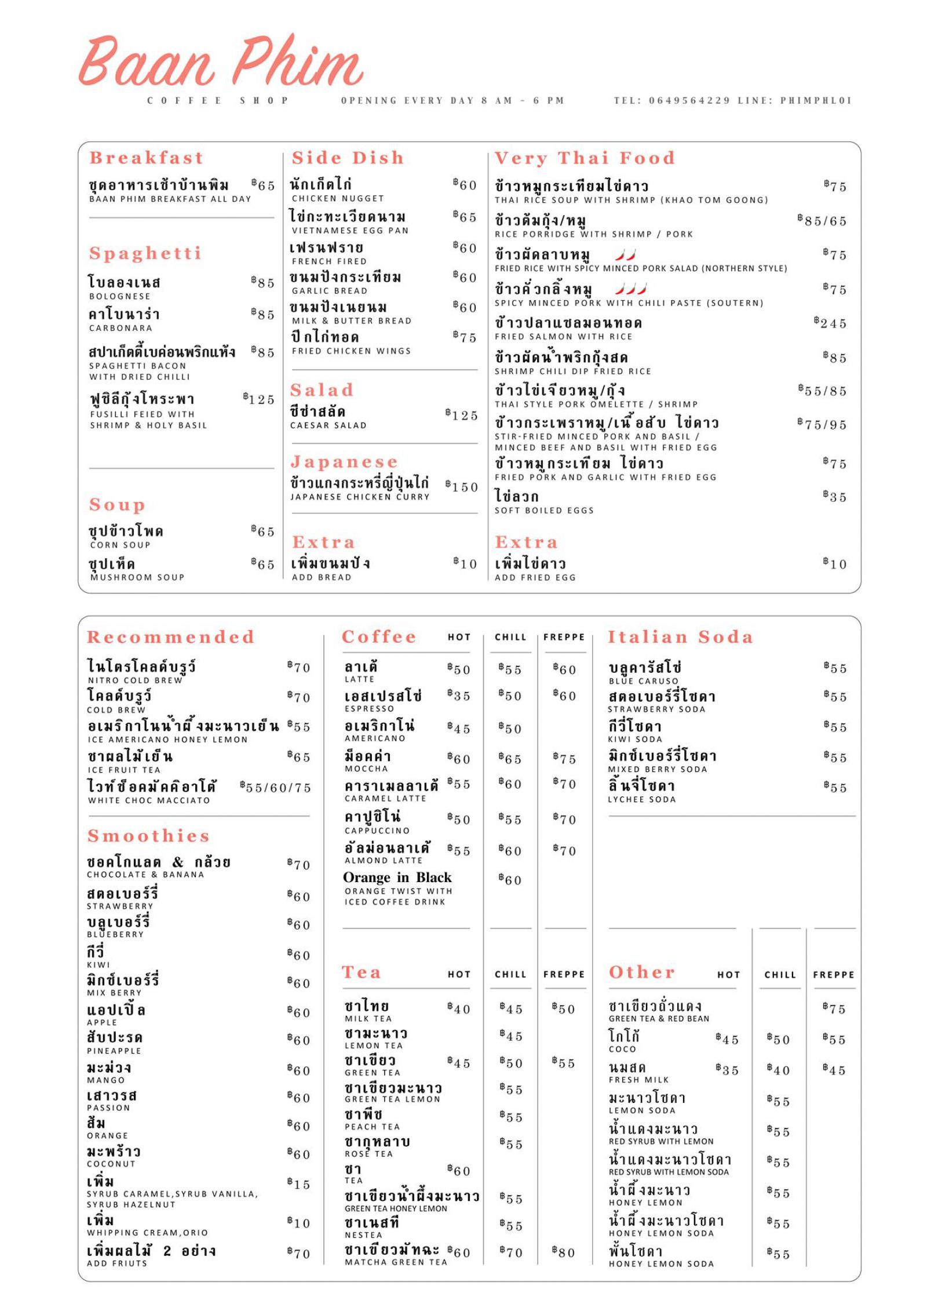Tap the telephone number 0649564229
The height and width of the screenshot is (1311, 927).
(x=689, y=100)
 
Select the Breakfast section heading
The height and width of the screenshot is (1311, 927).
(x=147, y=158)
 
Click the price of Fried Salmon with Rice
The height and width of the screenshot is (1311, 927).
(x=830, y=323)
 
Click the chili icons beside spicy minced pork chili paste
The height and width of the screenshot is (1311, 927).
(x=630, y=288)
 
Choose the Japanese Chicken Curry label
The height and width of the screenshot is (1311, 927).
(x=359, y=497)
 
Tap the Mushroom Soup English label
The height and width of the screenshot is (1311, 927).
(x=137, y=577)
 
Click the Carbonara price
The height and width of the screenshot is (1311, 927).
(x=263, y=314)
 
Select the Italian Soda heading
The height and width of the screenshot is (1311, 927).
(x=680, y=637)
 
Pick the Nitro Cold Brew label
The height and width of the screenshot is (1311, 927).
(x=135, y=680)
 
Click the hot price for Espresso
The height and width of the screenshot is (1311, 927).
(x=459, y=695)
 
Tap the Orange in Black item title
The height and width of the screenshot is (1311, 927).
(x=397, y=877)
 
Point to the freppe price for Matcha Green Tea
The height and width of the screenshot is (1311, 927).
(x=563, y=1252)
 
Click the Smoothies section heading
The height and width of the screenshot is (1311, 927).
(x=148, y=836)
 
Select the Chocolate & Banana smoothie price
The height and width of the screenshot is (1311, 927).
(x=299, y=865)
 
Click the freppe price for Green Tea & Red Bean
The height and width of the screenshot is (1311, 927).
(x=834, y=1008)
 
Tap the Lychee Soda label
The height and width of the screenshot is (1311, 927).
(x=641, y=799)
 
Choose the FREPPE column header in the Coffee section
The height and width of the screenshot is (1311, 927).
(x=564, y=637)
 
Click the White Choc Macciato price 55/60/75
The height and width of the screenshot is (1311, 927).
(x=276, y=787)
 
